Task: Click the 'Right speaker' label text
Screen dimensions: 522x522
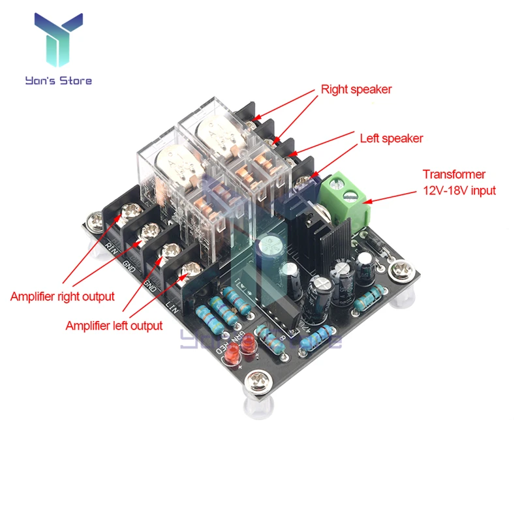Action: point(356,89)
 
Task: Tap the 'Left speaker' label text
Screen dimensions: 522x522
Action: point(391,138)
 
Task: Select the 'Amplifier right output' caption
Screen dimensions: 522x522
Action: point(62,296)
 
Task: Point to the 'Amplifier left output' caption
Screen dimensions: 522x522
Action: point(114,325)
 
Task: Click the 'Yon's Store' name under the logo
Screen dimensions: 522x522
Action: point(58,81)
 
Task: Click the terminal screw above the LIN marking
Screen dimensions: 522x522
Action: point(190,268)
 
